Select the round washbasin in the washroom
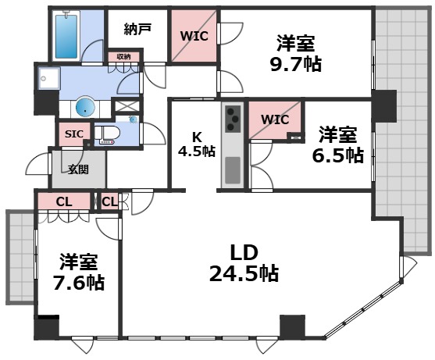pos(84,107)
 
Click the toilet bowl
pos(109,132)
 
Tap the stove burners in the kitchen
pos(233,119)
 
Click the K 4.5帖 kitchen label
pos(196,145)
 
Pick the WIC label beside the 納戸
pos(194,34)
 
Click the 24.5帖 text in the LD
pos(244,274)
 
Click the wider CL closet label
pos(64,201)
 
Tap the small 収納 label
pos(124,56)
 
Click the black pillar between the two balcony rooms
pos(383,105)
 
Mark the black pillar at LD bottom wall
pos(291,325)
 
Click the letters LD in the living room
pos(244,251)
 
